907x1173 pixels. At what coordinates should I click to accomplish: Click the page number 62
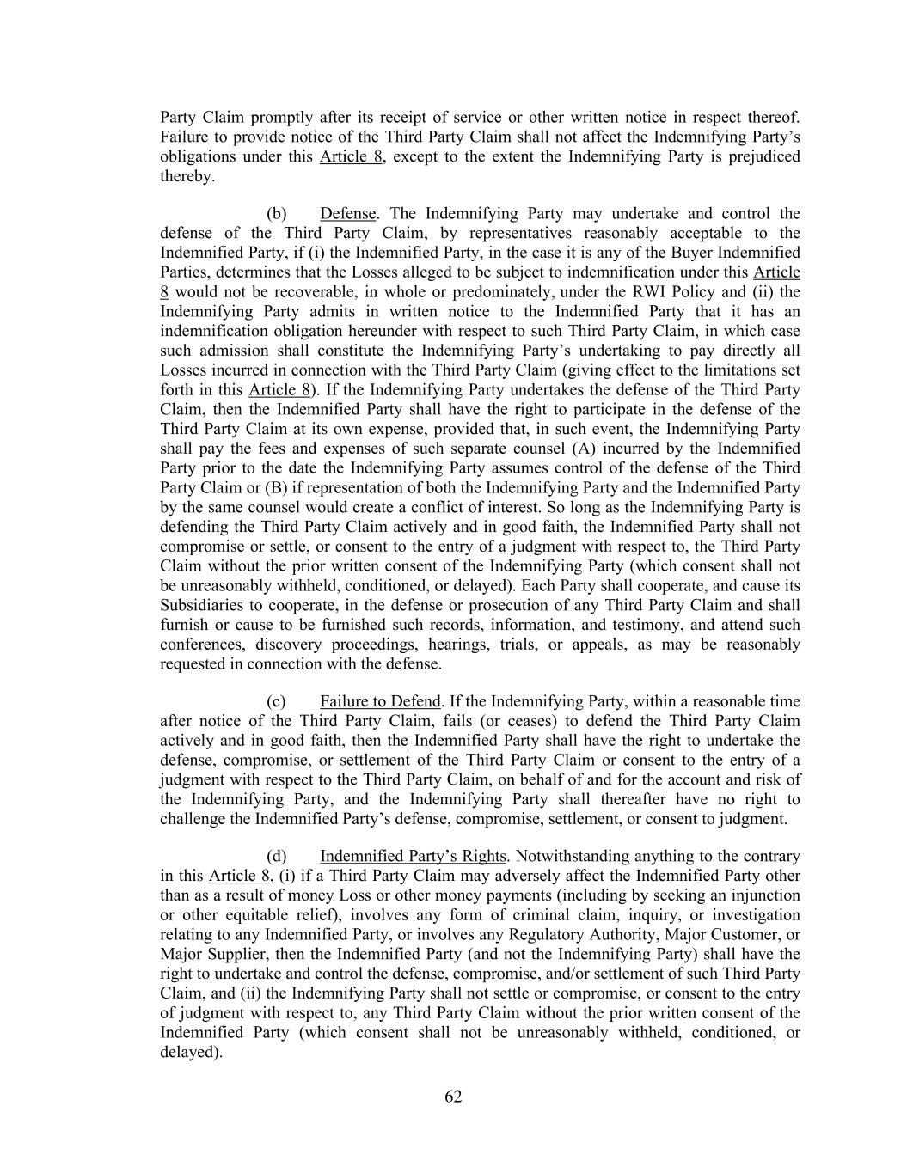click(x=453, y=1097)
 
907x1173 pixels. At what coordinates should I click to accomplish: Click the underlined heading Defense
click(x=348, y=213)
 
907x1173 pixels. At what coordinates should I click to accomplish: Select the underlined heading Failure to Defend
click(x=380, y=701)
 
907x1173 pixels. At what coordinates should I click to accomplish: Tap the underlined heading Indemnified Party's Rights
click(x=413, y=856)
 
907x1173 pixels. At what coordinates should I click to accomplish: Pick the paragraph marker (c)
click(x=276, y=701)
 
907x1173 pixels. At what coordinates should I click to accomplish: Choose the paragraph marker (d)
click(x=276, y=856)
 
